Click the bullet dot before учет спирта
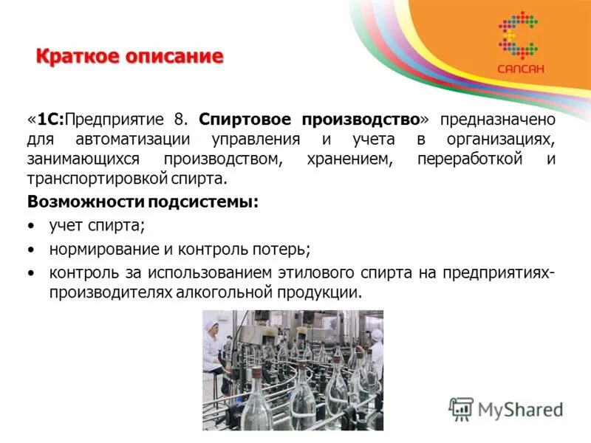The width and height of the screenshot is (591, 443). (x=31, y=226)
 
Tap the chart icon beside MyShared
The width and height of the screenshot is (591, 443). (x=461, y=408)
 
